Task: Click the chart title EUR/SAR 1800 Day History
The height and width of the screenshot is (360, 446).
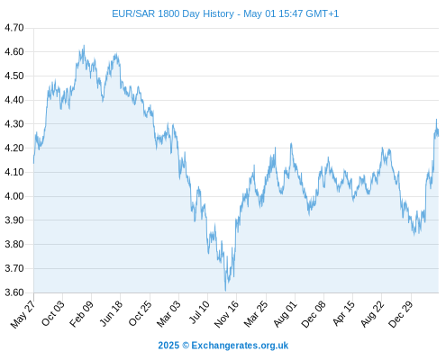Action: [x=173, y=13]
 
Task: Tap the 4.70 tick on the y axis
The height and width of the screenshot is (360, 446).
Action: [x=14, y=28]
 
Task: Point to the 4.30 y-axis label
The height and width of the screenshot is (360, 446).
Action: [x=14, y=124]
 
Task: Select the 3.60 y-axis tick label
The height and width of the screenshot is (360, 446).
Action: [x=14, y=292]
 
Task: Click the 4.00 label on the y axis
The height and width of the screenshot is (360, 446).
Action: [x=14, y=196]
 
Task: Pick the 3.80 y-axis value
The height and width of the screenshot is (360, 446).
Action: [x=14, y=244]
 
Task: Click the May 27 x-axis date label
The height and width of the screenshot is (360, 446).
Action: [x=23, y=313]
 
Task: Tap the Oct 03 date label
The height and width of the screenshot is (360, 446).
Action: [x=52, y=313]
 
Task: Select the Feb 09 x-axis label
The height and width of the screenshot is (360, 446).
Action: [x=81, y=313]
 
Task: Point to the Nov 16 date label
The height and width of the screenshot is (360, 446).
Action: [x=226, y=313]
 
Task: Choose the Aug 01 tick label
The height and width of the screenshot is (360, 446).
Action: [x=285, y=314]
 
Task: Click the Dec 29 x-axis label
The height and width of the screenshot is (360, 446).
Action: [x=401, y=314]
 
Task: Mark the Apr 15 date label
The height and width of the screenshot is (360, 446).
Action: [x=343, y=313]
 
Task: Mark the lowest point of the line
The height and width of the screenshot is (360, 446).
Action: [x=225, y=291]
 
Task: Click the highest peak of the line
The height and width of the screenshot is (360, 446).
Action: [x=84, y=46]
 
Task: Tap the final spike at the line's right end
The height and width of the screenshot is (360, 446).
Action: [x=436, y=120]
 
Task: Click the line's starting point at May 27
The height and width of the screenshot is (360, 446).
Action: [x=33, y=163]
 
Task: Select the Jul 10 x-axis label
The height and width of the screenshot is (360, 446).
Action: [x=199, y=311]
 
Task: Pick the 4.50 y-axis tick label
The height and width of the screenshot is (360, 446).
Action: [x=14, y=76]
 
